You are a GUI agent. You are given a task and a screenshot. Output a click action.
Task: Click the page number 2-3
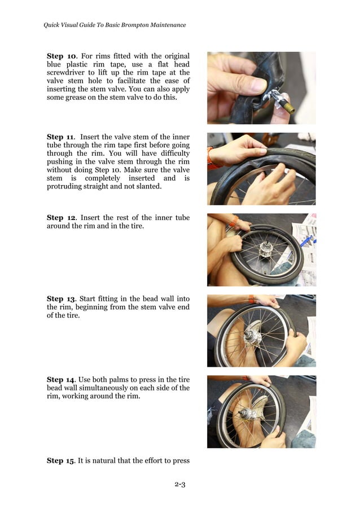[x=180, y=485]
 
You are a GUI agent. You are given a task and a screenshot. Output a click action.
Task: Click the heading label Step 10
[x=61, y=56]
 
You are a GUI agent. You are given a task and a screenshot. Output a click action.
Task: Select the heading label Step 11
[x=61, y=137]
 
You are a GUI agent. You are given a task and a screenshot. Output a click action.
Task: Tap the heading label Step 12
[x=61, y=218]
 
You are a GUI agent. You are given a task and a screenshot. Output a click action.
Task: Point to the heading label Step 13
[x=61, y=299]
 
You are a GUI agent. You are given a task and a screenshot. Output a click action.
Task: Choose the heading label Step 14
[x=61, y=380]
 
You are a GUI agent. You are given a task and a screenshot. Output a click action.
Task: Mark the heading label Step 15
[x=60, y=460]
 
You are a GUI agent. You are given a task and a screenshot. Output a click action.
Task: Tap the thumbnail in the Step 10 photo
[x=260, y=85]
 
